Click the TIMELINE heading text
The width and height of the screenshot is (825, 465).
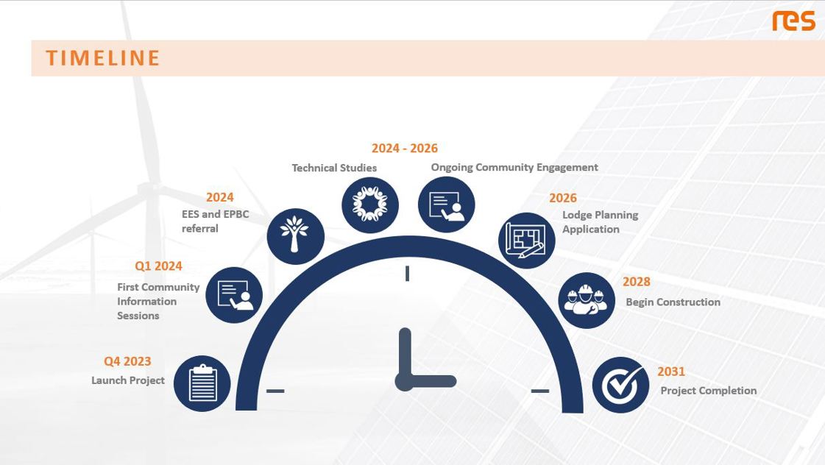tap(102, 58)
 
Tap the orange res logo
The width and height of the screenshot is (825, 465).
tap(793, 21)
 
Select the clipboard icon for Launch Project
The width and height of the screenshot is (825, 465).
tap(202, 383)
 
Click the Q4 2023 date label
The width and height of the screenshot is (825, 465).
tap(127, 361)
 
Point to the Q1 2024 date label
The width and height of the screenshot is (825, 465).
tap(158, 266)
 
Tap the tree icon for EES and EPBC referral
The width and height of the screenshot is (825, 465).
tap(295, 236)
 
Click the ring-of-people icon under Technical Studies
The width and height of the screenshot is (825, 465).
tap(370, 205)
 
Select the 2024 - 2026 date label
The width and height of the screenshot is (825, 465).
tap(405, 149)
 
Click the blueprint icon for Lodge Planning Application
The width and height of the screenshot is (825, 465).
tap(527, 241)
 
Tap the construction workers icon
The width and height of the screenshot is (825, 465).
tap(586, 300)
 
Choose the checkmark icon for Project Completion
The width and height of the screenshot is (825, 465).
tap(621, 385)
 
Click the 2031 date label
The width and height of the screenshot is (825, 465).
tap(671, 372)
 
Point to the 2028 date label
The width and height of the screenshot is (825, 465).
tap(637, 281)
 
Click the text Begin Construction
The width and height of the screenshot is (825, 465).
tap(673, 302)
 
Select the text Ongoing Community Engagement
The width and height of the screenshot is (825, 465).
tap(514, 167)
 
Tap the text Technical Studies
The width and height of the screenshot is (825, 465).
tap(334, 168)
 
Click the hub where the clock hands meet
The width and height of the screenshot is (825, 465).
tap(405, 381)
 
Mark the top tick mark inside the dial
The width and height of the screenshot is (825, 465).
tap(407, 274)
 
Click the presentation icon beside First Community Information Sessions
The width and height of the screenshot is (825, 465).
tap(233, 295)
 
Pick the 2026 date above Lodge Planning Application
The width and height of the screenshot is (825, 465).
tap(563, 198)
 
